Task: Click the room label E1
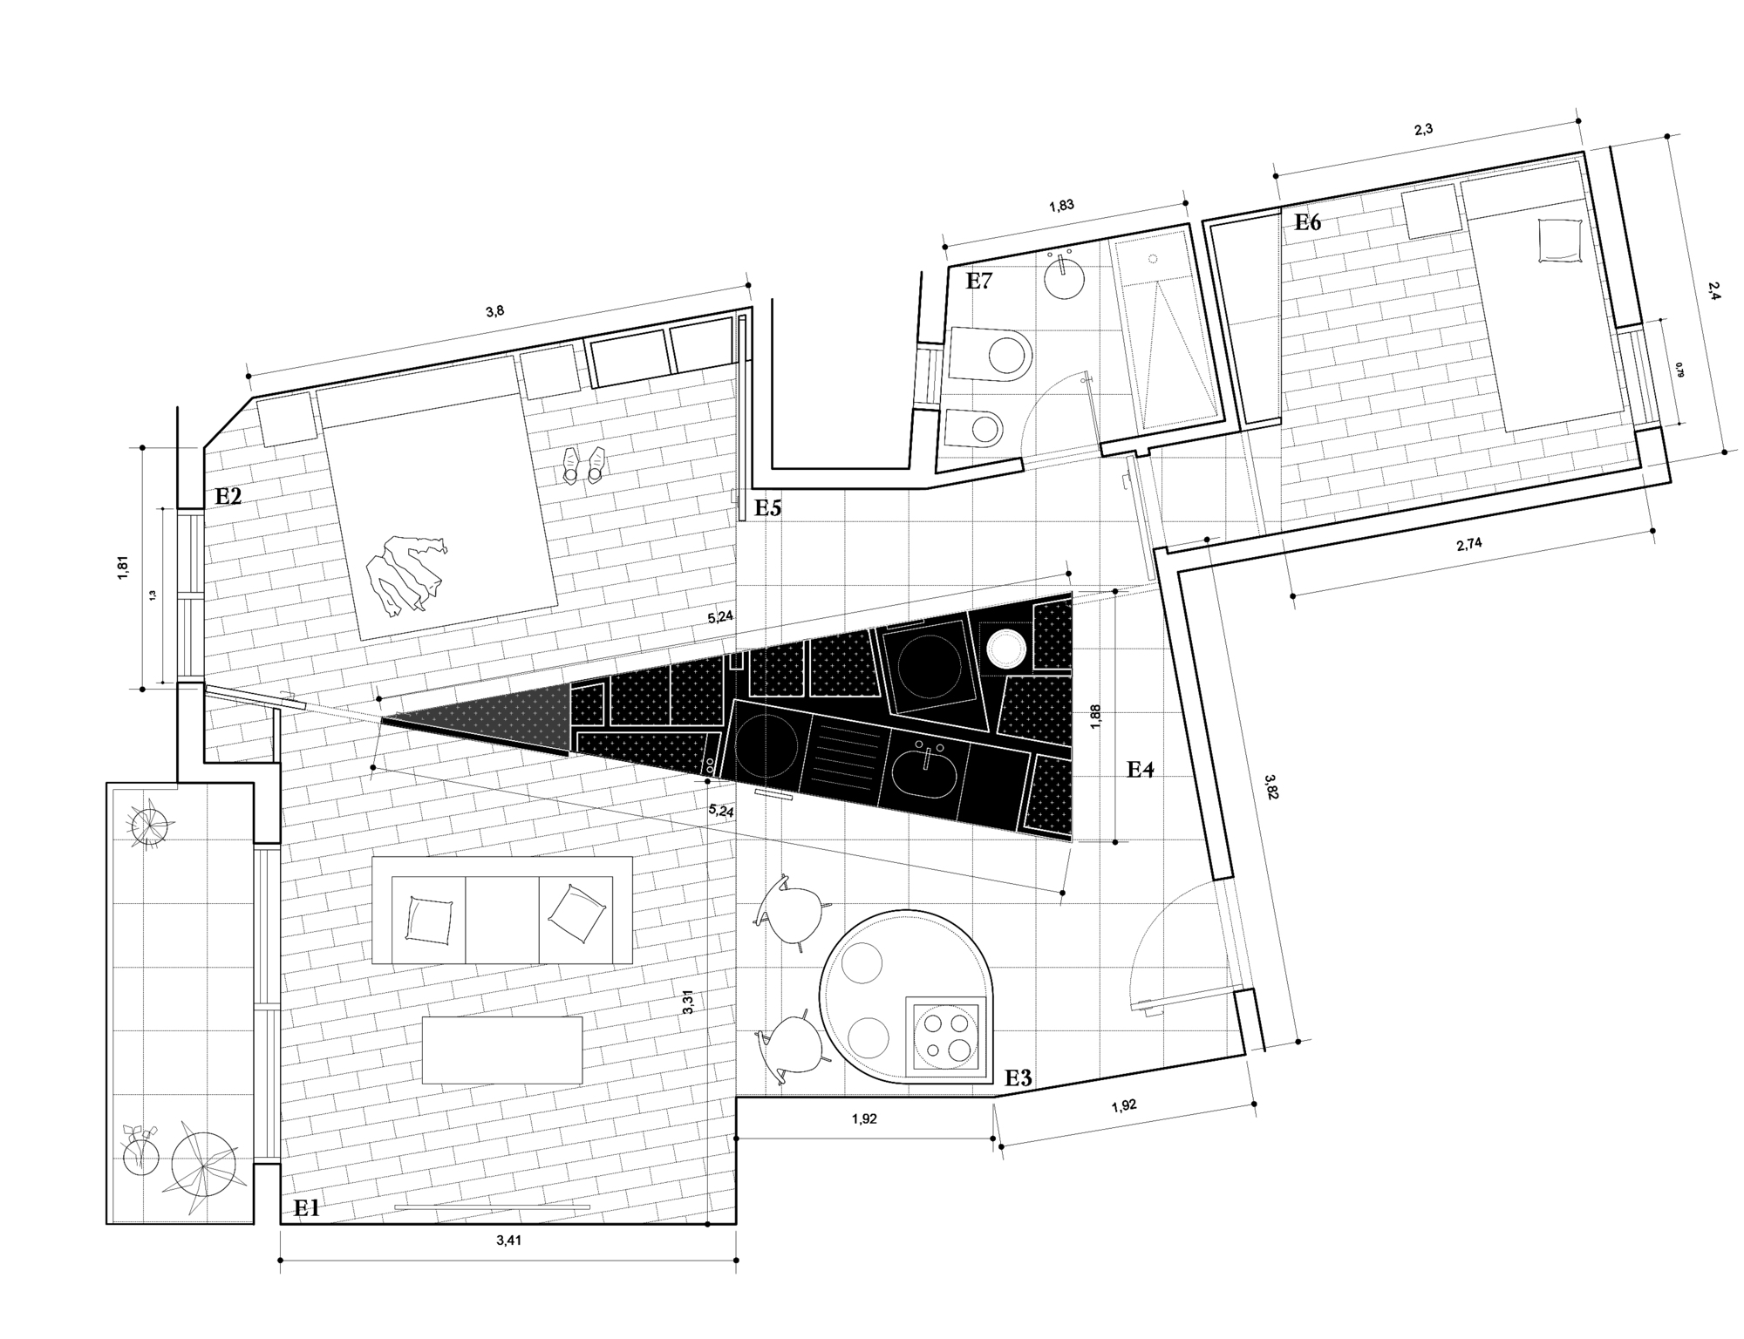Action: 307,1207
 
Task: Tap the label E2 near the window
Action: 228,496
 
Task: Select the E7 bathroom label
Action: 979,281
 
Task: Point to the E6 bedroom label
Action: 1307,222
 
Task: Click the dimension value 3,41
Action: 508,1241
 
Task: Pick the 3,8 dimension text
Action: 494,311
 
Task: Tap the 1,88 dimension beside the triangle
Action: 1096,717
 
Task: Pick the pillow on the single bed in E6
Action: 1560,239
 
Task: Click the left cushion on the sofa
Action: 429,921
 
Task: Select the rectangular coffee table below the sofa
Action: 501,1050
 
